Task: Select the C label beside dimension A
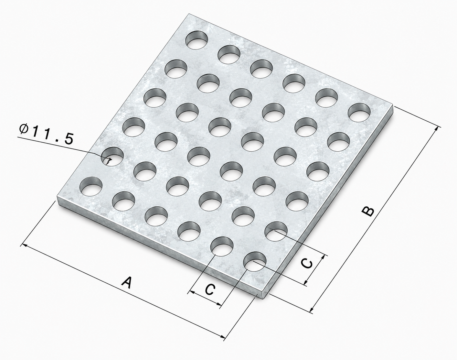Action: click(x=210, y=289)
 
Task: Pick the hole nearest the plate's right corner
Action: click(x=359, y=113)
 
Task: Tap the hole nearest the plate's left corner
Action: click(x=91, y=187)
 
